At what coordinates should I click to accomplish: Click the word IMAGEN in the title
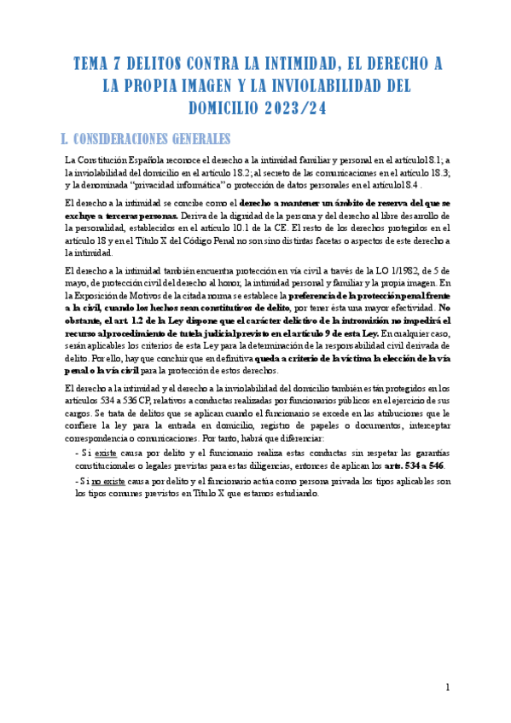point(226,86)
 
